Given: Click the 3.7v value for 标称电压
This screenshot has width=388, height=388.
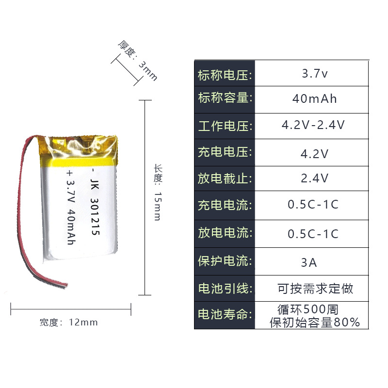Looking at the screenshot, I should [x=315, y=74].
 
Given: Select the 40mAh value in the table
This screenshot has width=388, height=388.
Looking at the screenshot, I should [x=315, y=99].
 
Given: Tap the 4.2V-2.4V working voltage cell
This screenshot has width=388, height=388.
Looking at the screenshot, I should [x=313, y=125].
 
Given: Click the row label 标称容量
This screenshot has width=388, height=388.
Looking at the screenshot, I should [x=225, y=98].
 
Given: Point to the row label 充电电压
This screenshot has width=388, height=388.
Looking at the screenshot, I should [x=225, y=152].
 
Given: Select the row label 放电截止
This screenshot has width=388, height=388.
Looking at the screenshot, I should [x=225, y=178].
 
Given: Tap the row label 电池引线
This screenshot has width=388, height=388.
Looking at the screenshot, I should [x=225, y=289].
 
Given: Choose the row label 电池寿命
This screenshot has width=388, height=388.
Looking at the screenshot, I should [x=225, y=314].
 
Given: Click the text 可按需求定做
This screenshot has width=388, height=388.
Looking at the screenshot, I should [x=315, y=289].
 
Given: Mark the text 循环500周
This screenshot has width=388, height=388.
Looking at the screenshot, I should [x=307, y=309].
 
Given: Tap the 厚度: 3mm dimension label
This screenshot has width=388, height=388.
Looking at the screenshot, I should [x=138, y=61].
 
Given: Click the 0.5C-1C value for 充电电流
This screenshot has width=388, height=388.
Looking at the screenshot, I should [x=313, y=205].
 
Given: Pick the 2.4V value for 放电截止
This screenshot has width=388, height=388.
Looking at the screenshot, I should [x=315, y=178].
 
